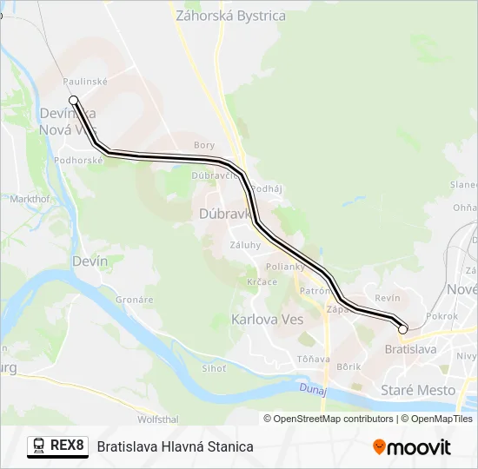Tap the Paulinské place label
pos(84,80)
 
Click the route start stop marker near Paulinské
pos(74,100)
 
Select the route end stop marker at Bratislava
pos(402,329)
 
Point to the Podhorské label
pos(78,160)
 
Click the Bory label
pos(204,146)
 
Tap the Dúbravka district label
pos(225,212)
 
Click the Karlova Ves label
pos(267,319)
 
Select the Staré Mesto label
pos(418,390)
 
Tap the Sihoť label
pos(213,368)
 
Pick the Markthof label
pos(30,198)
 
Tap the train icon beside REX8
pos(40,446)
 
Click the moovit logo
pos(412,447)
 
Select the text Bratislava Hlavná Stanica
pos(176,446)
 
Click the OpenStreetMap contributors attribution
pos(333,419)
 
